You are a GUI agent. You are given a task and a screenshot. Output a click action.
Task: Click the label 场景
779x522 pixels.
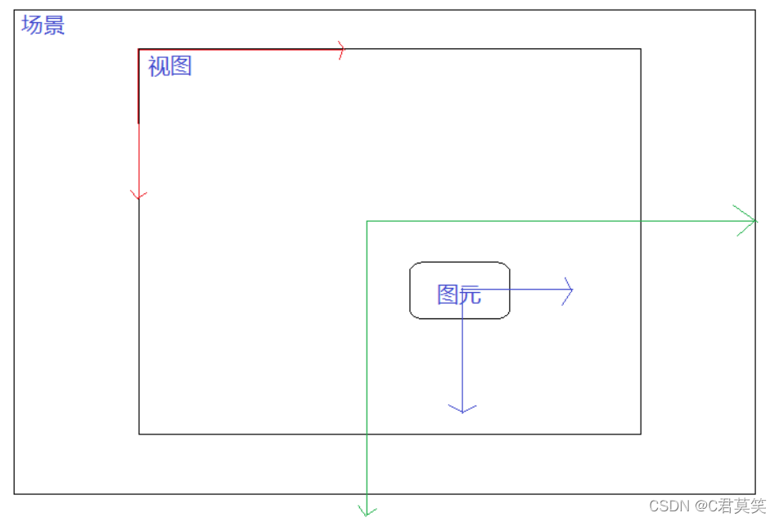[43, 25]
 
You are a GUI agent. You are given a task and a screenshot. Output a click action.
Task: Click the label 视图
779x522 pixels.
[169, 66]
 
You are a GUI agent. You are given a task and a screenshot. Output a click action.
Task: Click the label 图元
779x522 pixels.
[458, 295]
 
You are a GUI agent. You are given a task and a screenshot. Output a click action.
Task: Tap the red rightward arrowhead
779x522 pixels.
[340, 50]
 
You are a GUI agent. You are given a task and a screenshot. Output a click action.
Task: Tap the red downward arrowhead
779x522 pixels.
[139, 195]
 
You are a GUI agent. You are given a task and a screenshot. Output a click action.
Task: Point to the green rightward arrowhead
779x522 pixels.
[748, 220]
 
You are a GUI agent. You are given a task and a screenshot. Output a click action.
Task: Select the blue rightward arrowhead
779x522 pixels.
[567, 290]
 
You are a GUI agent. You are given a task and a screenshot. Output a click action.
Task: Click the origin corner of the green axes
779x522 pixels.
[367, 221]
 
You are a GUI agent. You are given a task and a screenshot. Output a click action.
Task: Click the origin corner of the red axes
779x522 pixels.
[139, 50]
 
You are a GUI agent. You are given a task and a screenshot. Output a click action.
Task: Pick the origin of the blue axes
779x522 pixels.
[462, 290]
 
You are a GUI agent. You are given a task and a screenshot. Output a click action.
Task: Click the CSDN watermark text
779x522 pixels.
[708, 506]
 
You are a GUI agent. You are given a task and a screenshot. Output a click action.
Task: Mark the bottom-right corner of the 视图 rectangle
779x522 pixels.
[641, 434]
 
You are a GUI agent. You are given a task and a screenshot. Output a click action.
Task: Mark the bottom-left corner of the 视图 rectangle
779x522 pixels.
[139, 434]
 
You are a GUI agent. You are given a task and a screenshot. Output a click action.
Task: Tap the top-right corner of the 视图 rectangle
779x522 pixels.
[641, 49]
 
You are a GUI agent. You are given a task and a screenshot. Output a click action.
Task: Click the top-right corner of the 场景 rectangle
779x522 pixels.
[755, 11]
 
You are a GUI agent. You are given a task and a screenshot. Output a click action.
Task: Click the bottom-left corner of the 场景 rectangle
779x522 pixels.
[14, 493]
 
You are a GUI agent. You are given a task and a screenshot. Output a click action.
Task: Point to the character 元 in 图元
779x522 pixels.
[470, 295]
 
